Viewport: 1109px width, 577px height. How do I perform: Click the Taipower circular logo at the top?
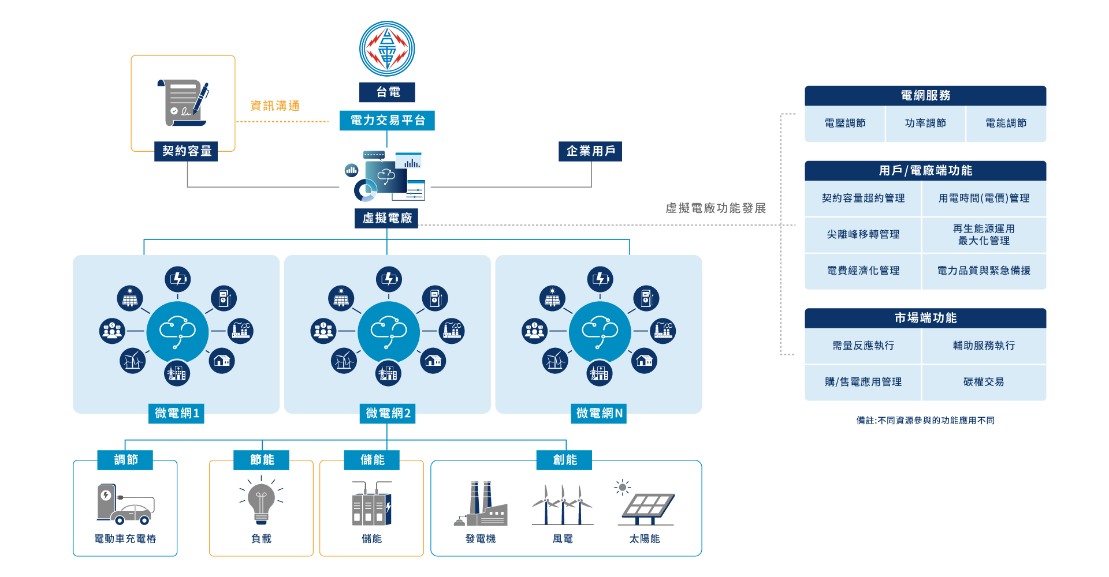point(387,49)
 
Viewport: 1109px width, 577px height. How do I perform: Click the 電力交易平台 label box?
point(387,121)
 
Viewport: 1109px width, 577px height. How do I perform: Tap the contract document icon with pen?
point(183,103)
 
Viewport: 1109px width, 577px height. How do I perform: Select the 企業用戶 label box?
point(590,151)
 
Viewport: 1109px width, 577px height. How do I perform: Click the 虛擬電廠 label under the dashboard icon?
point(386,218)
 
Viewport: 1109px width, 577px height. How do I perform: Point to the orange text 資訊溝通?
point(275,106)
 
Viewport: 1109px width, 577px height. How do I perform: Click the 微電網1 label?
point(177,413)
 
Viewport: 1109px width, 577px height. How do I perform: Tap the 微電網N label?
point(599,413)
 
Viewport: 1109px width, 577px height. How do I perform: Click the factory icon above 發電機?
point(481,504)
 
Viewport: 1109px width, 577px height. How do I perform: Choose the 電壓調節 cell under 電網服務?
point(845,123)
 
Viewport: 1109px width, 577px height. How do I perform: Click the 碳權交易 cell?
point(984,382)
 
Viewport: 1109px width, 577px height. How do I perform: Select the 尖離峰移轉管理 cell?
point(863,234)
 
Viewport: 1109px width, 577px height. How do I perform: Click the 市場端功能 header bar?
point(925,318)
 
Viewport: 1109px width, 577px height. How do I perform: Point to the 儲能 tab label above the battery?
point(373,460)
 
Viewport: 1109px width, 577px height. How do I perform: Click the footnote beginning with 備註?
point(925,421)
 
